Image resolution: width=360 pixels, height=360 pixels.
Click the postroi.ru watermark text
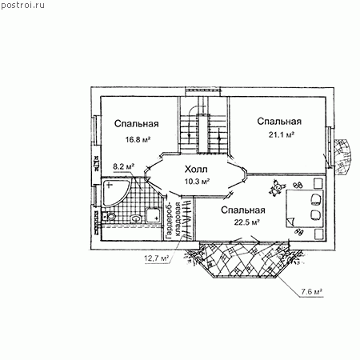point(22,5)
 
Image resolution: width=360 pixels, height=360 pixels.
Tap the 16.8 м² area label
point(138,139)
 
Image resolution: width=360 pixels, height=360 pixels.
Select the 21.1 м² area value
point(281,134)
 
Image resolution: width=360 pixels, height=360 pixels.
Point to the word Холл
point(196,169)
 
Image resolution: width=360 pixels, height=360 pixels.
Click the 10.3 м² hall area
point(197,182)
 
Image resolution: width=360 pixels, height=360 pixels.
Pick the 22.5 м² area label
point(247,222)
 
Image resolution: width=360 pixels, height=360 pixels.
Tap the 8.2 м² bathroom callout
point(123,166)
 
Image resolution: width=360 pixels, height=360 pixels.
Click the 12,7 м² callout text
point(157,258)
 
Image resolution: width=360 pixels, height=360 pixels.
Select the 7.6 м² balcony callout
point(312,291)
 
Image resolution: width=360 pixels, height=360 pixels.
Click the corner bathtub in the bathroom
point(114,192)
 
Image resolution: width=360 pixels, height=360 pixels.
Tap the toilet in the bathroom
point(110,217)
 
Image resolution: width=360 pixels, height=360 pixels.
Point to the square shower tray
point(153,215)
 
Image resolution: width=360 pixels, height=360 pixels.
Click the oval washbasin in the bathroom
point(136,219)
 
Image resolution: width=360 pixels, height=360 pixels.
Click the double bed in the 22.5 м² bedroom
point(305,209)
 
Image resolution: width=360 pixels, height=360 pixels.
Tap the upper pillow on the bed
point(316,199)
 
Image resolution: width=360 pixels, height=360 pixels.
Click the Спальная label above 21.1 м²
point(279,122)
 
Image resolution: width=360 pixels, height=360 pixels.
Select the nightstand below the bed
point(318,234)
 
